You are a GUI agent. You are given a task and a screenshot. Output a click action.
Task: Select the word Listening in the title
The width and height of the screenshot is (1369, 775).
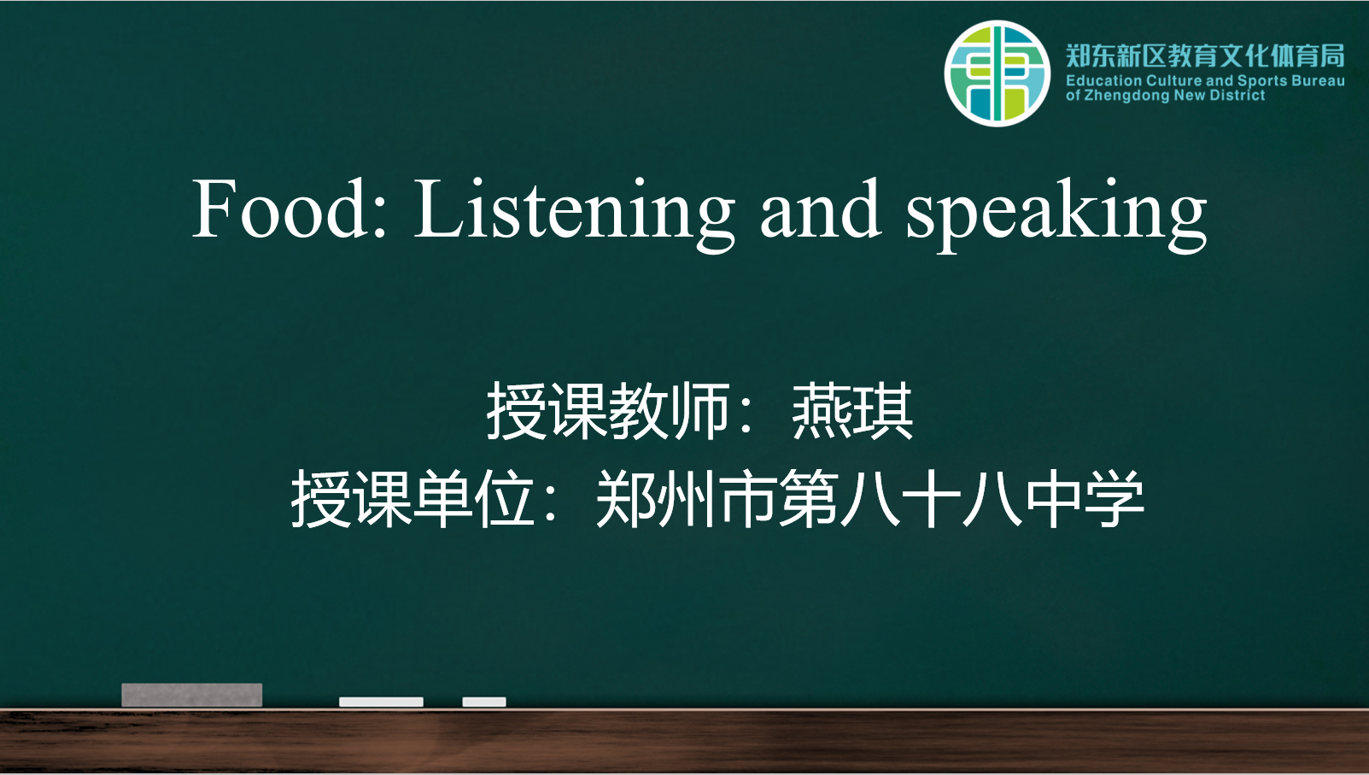575,214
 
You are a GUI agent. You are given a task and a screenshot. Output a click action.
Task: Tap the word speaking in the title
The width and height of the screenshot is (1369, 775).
1056,214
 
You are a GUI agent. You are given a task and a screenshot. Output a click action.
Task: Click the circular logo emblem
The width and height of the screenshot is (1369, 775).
997,73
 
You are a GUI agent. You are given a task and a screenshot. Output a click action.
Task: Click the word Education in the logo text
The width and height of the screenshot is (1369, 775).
1103,80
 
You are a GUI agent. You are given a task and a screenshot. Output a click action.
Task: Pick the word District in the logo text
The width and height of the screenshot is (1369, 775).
1237,95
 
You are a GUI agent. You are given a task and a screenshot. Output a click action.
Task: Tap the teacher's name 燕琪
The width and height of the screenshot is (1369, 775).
852,410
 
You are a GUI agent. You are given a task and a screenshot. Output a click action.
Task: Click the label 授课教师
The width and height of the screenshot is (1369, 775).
607,410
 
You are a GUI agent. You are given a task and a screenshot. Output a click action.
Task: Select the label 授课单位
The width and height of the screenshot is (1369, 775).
412,498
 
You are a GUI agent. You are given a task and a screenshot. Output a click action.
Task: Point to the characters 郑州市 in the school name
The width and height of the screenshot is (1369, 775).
687,498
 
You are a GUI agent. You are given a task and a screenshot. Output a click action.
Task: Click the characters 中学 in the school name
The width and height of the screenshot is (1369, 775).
1085,498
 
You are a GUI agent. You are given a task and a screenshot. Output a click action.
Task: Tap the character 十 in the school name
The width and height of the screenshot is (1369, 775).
932,498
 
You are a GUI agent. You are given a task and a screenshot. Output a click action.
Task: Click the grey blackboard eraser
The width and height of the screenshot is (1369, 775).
192,695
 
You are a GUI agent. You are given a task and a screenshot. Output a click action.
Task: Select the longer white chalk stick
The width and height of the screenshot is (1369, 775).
382,702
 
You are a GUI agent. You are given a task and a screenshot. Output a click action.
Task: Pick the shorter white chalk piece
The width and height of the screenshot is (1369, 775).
484,702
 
